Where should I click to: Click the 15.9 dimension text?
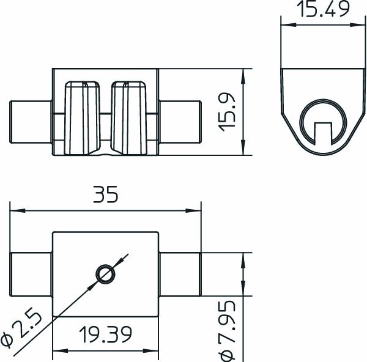[227, 111]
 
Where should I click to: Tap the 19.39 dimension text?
[105, 334]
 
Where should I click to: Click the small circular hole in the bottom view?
[105, 274]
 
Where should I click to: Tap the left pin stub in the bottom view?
[31, 274]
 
